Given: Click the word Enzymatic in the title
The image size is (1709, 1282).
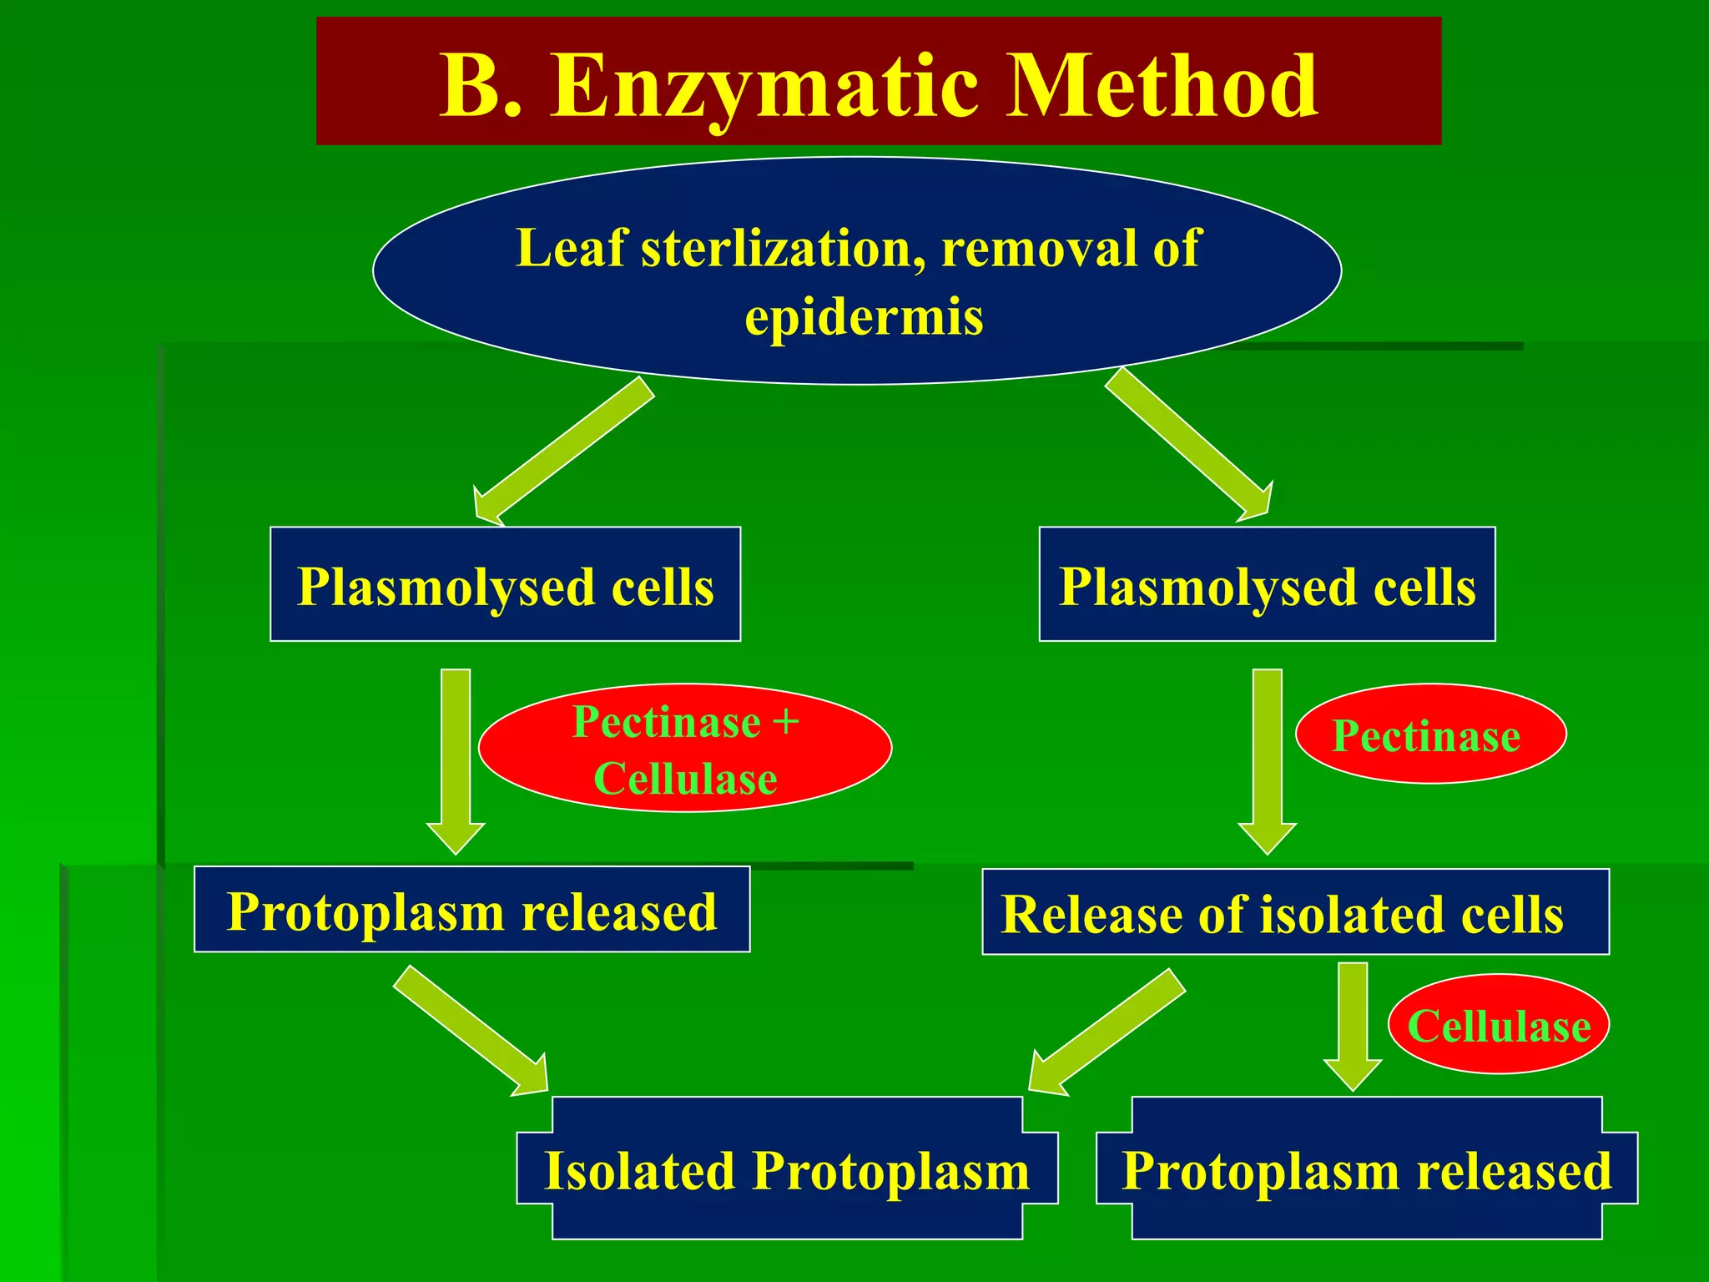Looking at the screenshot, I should (764, 86).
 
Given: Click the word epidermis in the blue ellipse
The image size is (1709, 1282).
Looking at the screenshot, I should (864, 318).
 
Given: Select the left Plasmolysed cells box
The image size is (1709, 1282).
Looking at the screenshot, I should (505, 585).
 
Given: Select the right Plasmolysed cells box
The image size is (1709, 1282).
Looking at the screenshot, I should (1267, 585).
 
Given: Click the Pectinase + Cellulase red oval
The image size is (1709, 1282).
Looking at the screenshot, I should (685, 749).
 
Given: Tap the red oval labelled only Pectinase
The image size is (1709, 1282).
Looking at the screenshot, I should (1429, 735).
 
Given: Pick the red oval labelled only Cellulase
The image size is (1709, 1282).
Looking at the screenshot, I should (1499, 1025).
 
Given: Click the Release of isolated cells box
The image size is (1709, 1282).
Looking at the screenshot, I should (1294, 912).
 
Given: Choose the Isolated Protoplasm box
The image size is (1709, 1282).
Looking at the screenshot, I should (787, 1168).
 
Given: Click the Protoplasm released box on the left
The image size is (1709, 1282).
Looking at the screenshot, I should (471, 910).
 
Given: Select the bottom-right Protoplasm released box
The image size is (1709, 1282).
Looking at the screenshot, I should (1366, 1168).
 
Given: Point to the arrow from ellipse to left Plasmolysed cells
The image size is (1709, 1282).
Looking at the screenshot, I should (563, 451).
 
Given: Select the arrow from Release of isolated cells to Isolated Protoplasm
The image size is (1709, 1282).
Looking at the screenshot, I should (1106, 1032).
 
